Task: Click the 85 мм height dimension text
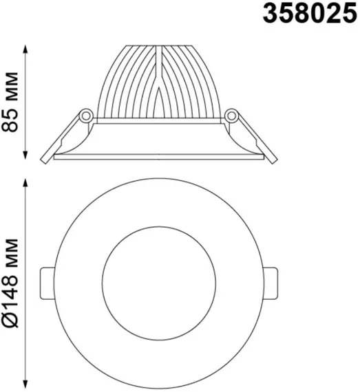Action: pyautogui.click(x=10, y=102)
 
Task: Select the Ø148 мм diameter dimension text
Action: pyautogui.click(x=10, y=283)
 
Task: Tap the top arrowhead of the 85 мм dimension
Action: pyautogui.click(x=25, y=50)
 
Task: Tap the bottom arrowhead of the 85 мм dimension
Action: pyautogui.click(x=25, y=155)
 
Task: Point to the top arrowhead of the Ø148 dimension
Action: pyautogui.click(x=25, y=183)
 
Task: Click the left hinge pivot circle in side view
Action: pyautogui.click(x=86, y=116)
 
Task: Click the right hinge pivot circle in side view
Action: pyautogui.click(x=232, y=116)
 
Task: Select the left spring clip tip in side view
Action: pyautogui.click(x=44, y=161)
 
